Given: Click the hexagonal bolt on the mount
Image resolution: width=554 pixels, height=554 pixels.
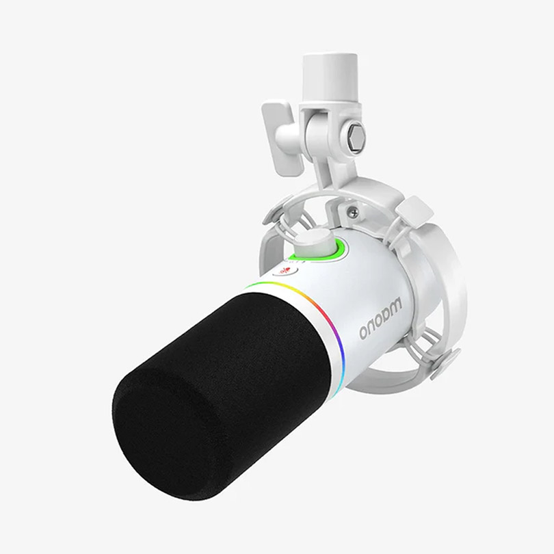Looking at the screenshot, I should tap(357, 138).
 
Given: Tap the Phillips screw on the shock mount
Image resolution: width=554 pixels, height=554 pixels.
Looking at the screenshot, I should tap(353, 213).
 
